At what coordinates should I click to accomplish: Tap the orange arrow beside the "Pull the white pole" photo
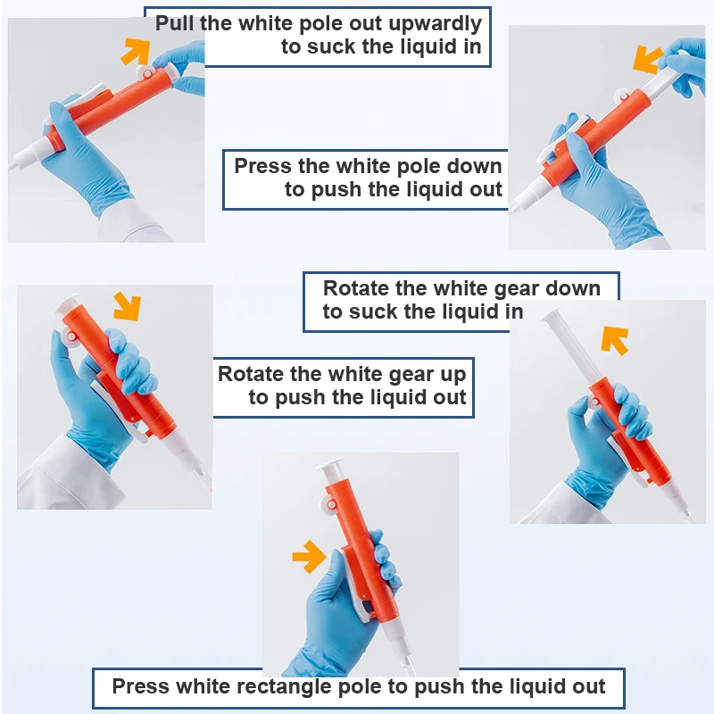pos(137,51)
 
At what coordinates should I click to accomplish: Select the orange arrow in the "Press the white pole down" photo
pos(647,59)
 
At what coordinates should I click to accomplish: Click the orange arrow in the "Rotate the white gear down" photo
pos(614,340)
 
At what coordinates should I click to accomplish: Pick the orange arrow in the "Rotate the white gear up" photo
pos(128,305)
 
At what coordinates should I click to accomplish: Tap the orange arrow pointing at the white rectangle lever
pos(309,556)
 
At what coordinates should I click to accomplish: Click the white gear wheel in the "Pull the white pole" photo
pos(145,73)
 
